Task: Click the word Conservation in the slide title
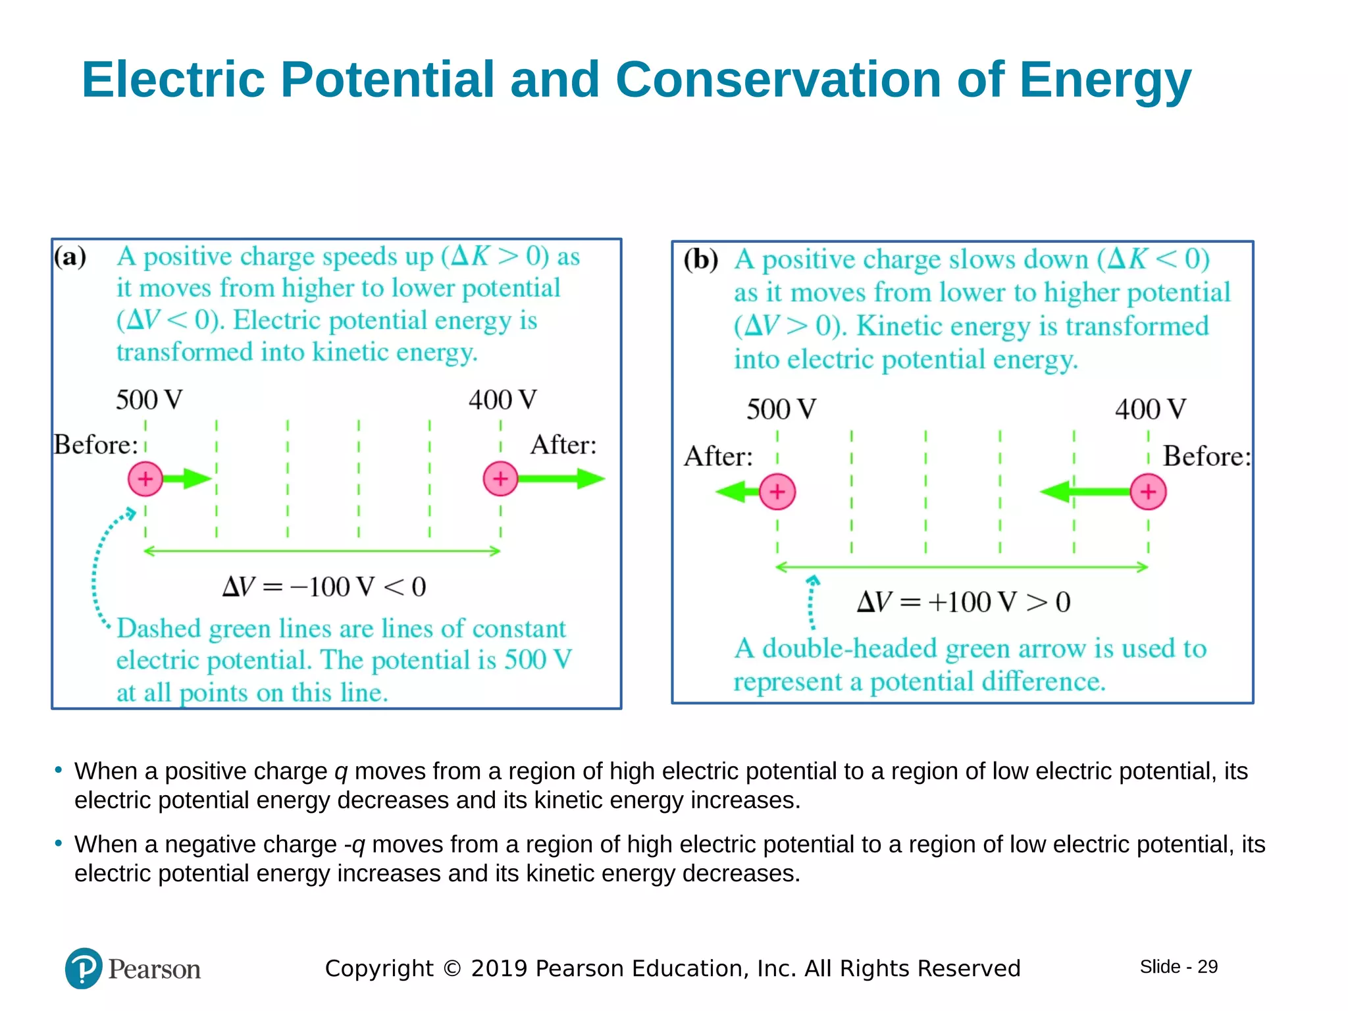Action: [x=778, y=80]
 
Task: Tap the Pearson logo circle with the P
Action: [x=84, y=968]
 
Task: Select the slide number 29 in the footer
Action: [x=1207, y=966]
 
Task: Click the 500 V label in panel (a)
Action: [x=149, y=400]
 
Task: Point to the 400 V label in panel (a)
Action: [x=503, y=400]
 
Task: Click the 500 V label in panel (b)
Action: [x=781, y=409]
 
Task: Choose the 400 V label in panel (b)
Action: [x=1151, y=409]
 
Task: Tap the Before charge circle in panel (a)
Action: [x=145, y=479]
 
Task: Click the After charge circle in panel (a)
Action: [x=500, y=479]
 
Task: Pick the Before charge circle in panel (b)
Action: [x=1148, y=492]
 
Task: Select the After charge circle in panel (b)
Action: [x=777, y=492]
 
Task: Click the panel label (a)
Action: [x=70, y=257]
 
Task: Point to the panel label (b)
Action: [x=700, y=259]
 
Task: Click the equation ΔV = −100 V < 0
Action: [x=324, y=586]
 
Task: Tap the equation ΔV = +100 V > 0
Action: [x=964, y=602]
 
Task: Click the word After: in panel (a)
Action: [x=563, y=445]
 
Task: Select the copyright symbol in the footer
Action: [x=452, y=968]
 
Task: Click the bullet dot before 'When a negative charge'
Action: [x=59, y=842]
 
